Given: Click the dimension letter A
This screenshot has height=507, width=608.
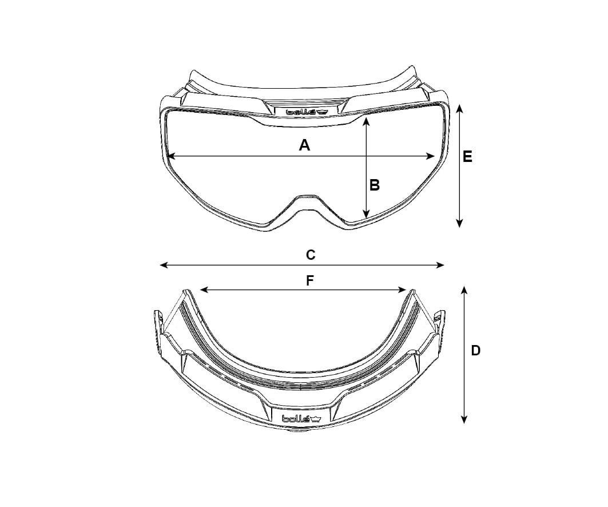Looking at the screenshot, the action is (x=305, y=145).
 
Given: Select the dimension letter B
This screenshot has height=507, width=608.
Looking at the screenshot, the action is (x=375, y=185).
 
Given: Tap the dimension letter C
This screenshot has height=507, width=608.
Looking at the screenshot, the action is (x=311, y=255).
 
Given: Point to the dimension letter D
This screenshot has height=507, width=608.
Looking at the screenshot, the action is (x=475, y=351).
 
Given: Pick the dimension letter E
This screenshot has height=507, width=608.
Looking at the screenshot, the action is (x=468, y=157).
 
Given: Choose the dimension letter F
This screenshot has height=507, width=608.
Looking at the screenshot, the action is (x=310, y=280).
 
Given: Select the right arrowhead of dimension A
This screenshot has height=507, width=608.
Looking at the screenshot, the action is (x=430, y=156).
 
